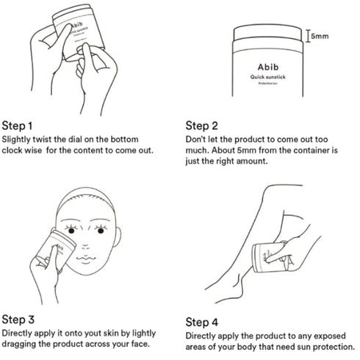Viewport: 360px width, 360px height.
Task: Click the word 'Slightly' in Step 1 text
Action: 18,138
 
